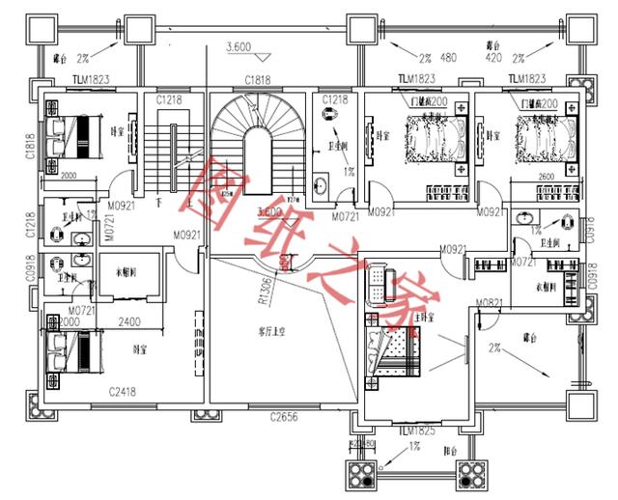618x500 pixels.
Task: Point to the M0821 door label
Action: [488, 302]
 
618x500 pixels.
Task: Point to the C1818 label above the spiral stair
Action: [257, 80]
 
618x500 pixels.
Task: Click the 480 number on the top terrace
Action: [449, 56]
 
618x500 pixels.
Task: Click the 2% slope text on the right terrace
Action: [497, 347]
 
